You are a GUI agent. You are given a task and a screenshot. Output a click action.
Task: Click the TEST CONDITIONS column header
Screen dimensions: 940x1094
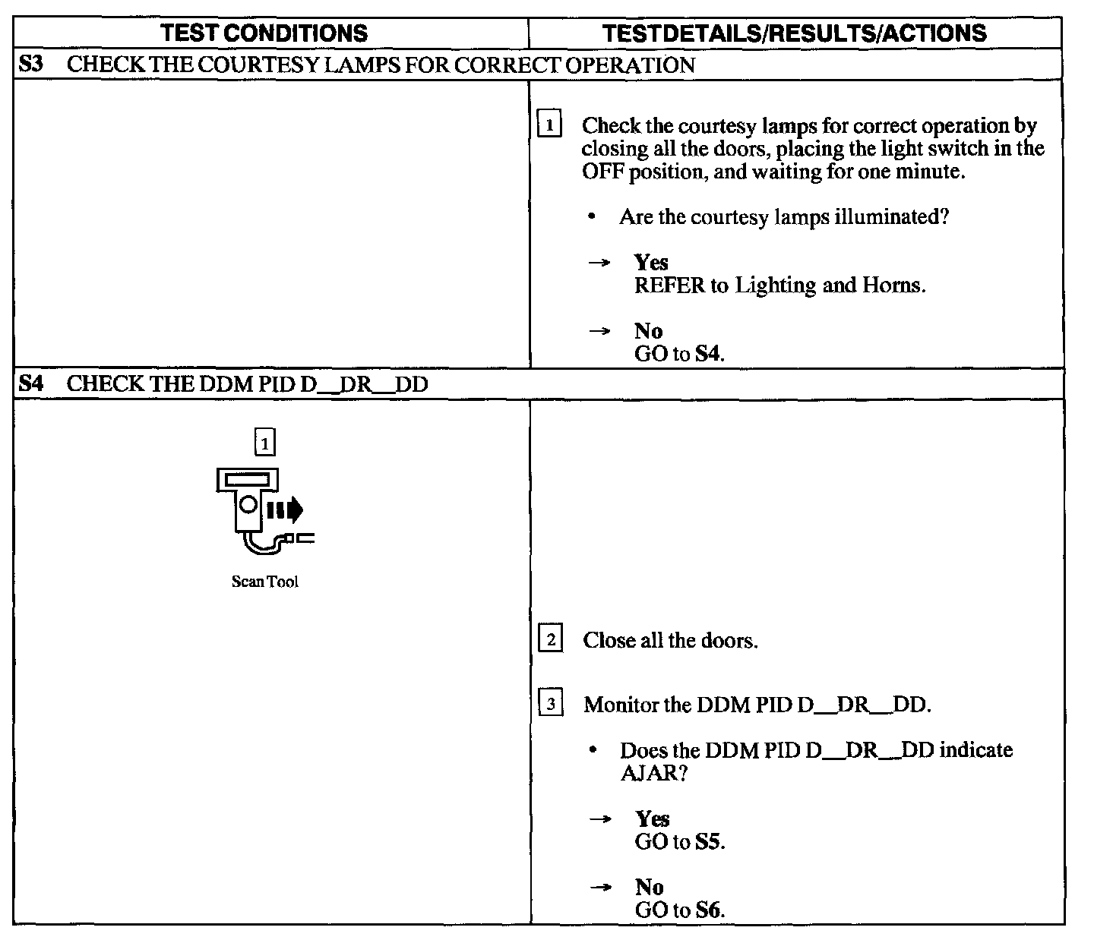point(265,33)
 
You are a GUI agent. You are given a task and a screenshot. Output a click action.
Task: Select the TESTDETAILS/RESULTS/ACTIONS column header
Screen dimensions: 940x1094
point(794,33)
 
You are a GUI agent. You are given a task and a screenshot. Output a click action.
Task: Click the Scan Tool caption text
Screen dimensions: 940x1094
point(264,582)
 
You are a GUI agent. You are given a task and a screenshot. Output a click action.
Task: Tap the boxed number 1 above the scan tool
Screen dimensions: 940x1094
point(264,442)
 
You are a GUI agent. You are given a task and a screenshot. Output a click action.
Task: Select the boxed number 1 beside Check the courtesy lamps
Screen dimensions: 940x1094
point(549,124)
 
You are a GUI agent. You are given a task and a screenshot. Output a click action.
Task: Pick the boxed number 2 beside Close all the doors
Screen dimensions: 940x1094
point(550,639)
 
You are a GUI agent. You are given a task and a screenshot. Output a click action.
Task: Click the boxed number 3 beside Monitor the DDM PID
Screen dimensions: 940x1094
point(550,704)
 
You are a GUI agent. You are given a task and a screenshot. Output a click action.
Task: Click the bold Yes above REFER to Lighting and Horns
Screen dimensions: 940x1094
point(651,263)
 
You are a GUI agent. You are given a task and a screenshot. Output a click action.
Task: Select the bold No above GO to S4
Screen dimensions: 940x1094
point(648,331)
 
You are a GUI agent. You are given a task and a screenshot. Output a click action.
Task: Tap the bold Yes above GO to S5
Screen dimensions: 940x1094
point(653,819)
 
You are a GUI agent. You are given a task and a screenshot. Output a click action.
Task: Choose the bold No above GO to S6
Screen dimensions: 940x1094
point(649,887)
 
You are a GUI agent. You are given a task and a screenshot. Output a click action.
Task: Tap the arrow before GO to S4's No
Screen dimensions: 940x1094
point(600,331)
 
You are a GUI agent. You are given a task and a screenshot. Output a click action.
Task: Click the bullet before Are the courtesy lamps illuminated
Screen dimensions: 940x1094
point(591,218)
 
